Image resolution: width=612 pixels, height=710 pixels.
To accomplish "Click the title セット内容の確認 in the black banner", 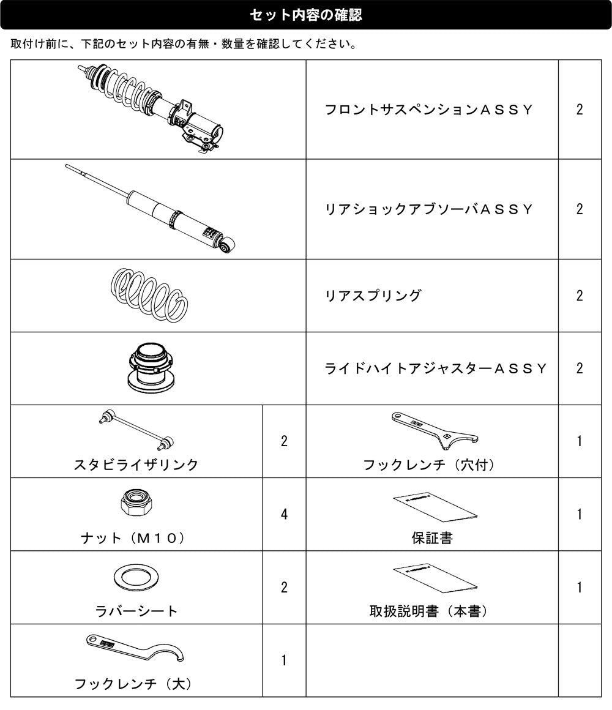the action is point(305,15).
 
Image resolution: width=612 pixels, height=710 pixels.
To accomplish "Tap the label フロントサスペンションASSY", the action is point(428,110).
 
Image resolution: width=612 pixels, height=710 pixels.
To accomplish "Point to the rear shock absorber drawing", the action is point(150,208).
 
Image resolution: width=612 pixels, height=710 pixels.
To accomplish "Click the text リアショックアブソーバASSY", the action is point(428,209).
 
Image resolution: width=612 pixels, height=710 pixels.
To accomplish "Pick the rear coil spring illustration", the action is point(149,295).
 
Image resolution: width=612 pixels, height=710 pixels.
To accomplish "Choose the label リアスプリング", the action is point(373,296).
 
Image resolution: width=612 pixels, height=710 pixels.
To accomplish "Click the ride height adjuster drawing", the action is point(151,367).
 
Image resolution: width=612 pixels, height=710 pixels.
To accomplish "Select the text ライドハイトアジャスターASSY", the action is point(436,368).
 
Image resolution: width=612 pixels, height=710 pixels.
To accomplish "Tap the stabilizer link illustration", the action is point(136,430).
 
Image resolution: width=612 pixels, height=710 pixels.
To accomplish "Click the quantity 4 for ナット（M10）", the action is point(284,514).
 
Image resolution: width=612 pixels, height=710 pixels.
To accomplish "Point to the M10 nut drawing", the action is point(136,502).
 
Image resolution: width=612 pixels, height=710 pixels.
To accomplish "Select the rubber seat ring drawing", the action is point(136,577).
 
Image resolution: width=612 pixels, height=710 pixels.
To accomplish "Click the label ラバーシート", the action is point(136,611).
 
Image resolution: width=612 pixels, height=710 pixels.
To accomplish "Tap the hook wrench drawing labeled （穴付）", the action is point(434,431).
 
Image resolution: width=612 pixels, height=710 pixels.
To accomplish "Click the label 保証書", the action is point(432,538).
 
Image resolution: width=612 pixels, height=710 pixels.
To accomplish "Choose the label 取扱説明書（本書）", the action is point(428,611).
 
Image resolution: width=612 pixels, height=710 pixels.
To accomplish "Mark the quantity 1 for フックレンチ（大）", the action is point(284,660).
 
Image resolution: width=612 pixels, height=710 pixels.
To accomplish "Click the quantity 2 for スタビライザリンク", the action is point(284,441).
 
